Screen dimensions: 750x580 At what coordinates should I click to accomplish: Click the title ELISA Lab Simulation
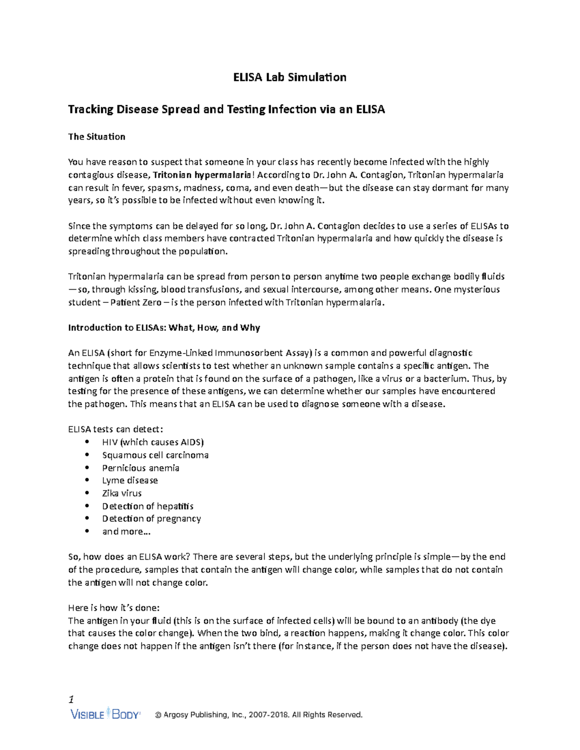point(290,77)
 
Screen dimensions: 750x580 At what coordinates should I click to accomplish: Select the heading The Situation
point(97,137)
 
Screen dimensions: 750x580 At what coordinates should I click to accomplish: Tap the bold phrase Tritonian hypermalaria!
point(203,175)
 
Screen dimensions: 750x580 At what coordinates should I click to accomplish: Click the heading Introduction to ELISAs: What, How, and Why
point(164,327)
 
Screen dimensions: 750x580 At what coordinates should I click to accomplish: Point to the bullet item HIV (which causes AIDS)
point(153,442)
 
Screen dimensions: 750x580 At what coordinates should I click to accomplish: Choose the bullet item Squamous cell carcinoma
point(155,455)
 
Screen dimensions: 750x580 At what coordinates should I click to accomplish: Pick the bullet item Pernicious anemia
point(141,467)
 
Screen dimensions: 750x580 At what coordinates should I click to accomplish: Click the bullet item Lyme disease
point(130,480)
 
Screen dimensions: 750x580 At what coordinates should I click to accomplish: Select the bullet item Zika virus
point(122,493)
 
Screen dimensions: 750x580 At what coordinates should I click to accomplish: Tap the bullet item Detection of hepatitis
point(147,506)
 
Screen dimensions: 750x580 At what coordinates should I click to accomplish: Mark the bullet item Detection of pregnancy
point(151,518)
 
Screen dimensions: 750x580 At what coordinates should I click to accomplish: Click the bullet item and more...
point(126,531)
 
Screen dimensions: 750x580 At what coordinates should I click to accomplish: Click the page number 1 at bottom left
point(72,699)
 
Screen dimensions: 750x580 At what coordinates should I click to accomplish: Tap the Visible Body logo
point(105,714)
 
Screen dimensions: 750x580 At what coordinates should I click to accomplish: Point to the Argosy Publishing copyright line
point(259,715)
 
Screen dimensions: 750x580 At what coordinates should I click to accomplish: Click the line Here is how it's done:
point(114,608)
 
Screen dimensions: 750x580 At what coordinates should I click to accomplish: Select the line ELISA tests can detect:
point(116,429)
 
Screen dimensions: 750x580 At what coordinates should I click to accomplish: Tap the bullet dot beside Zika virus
point(87,493)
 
